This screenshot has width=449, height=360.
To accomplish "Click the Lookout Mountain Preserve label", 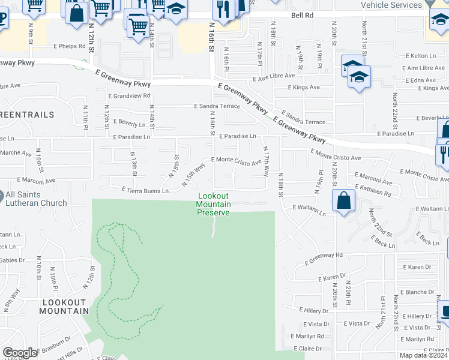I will coord(214,205).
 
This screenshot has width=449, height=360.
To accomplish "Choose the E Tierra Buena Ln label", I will coord(145,191).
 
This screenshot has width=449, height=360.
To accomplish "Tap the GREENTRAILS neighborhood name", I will coord(27,114).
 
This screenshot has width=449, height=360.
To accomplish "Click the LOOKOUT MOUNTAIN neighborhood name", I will coord(64,306).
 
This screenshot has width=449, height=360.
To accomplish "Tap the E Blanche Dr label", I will coord(417,292).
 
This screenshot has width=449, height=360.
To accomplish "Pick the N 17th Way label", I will coord(266,163).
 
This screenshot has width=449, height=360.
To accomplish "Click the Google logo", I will coord(20,353).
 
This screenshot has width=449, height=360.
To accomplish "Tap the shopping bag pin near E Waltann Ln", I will coord(343,200).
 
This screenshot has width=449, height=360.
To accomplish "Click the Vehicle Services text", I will coord(391,5).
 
